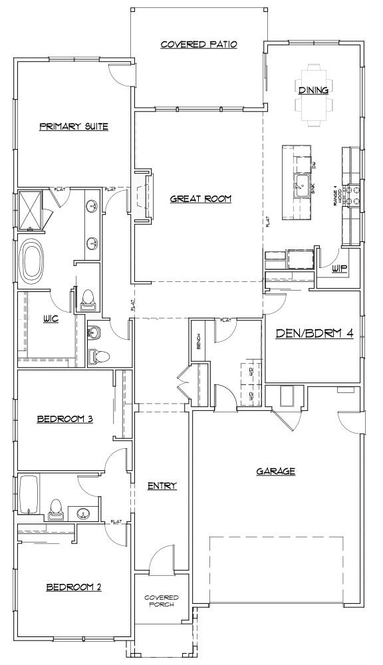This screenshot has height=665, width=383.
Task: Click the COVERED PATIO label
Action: pyautogui.click(x=199, y=45)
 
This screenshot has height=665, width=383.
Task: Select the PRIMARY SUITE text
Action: pyautogui.click(x=73, y=126)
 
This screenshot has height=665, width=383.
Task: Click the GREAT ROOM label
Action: pyautogui.click(x=200, y=198)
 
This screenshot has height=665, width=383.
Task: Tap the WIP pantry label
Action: pyautogui.click(x=340, y=269)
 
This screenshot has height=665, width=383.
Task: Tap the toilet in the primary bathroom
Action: pyautogui.click(x=86, y=301)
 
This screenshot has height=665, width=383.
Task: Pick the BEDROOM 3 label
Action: pyautogui.click(x=64, y=419)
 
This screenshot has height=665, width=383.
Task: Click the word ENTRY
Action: pyautogui.click(x=162, y=486)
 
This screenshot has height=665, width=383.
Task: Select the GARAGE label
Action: pyautogui.click(x=276, y=471)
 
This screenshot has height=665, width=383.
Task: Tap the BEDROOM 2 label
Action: pyautogui.click(x=73, y=587)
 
